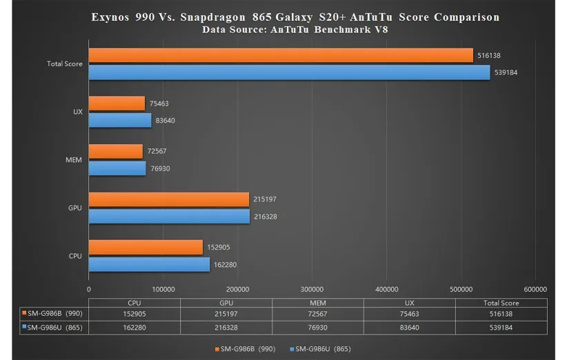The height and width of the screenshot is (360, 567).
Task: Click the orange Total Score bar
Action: (x=281, y=56)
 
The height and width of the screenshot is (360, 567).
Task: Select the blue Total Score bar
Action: (x=289, y=72)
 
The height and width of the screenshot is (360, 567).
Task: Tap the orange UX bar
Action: (x=117, y=103)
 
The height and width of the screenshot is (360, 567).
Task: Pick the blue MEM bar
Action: (x=117, y=168)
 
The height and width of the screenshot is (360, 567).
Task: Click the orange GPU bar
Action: (x=169, y=199)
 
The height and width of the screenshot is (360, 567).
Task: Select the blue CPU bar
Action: (x=149, y=263)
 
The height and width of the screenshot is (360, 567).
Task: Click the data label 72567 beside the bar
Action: (x=157, y=151)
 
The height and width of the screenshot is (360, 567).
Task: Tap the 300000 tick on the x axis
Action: (x=312, y=290)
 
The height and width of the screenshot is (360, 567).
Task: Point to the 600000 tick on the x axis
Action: (x=535, y=290)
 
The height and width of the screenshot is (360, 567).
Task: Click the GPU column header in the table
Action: (x=226, y=302)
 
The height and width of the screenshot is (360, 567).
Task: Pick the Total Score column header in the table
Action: (x=501, y=302)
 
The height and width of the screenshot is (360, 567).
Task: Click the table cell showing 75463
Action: (x=410, y=313)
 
